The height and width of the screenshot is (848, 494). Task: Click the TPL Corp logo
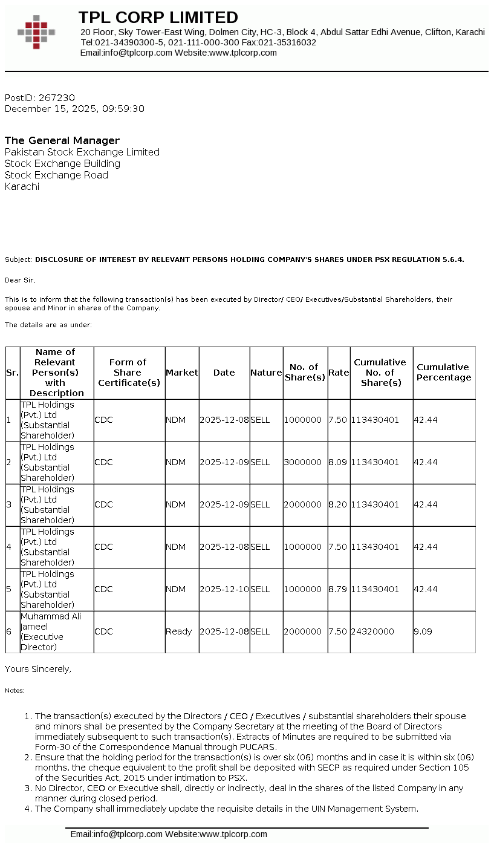(x=36, y=32)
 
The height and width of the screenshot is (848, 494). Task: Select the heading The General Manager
(x=62, y=141)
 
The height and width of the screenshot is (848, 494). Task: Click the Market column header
(x=181, y=373)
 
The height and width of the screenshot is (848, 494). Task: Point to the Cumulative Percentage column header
(x=443, y=373)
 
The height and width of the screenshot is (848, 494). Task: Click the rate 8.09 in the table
(x=338, y=462)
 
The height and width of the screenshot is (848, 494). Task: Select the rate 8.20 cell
(x=338, y=504)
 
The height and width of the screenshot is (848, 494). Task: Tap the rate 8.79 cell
(x=338, y=589)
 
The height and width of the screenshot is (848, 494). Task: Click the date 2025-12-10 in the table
(x=224, y=589)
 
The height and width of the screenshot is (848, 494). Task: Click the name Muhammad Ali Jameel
(x=51, y=621)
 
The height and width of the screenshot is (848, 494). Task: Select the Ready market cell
(x=178, y=631)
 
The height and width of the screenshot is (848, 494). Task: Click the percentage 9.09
(x=423, y=631)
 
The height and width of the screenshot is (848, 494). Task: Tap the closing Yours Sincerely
(x=38, y=669)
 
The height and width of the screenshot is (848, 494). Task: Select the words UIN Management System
(x=366, y=809)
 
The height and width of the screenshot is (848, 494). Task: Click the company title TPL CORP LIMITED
(x=158, y=18)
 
